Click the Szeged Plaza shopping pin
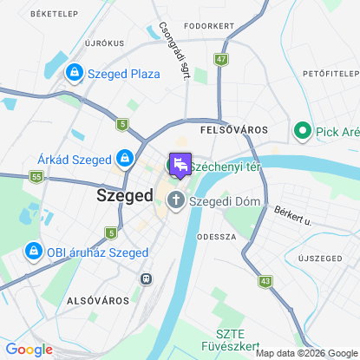pyautogui.click(x=74, y=73)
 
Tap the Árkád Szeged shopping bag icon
pyautogui.click(x=124, y=158)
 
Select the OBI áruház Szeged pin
pyautogui.click(x=33, y=251)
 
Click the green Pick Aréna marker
pyautogui.click(x=303, y=131)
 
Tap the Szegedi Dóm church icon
pyautogui.click(x=175, y=202)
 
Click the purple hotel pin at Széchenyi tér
pyautogui.click(x=180, y=164)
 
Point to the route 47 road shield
pyautogui.click(x=221, y=59)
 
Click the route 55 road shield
pyautogui.click(x=36, y=177)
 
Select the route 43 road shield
pyautogui.click(x=265, y=281)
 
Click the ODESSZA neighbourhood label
pyautogui.click(x=217, y=236)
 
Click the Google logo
pyautogui.click(x=29, y=350)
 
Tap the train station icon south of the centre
pyautogui.click(x=145, y=278)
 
